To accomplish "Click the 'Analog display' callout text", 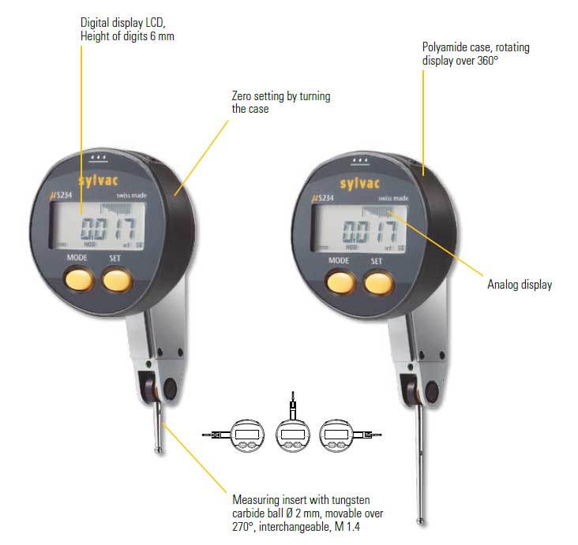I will [519, 285].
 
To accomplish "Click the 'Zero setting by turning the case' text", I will [280, 103].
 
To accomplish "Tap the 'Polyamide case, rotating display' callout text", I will [475, 54].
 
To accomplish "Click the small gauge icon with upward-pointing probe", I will [291, 429].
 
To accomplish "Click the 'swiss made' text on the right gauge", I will [392, 198].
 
